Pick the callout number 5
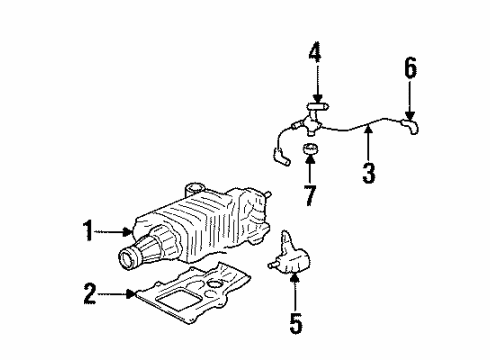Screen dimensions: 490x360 click(x=295, y=326)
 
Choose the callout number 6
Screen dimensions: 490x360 click(x=409, y=69)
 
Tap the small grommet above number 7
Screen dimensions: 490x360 click(x=309, y=150)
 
